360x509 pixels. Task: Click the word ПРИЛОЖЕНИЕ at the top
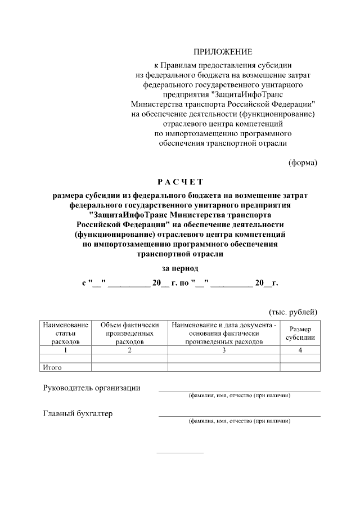pyautogui.click(x=223, y=52)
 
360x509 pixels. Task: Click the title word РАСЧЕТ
pyautogui.click(x=180, y=182)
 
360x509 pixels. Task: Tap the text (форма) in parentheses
pyautogui.click(x=303, y=163)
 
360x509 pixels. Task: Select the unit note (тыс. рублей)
pyautogui.click(x=292, y=312)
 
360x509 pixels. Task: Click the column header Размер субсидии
pyautogui.click(x=300, y=333)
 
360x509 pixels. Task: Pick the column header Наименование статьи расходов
pyautogui.click(x=65, y=333)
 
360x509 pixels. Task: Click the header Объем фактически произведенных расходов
pyautogui.click(x=129, y=333)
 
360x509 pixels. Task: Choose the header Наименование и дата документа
pyautogui.click(x=224, y=333)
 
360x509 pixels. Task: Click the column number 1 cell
pyautogui.click(x=65, y=350)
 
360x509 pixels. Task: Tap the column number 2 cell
pyautogui.click(x=129, y=350)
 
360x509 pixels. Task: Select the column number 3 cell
pyautogui.click(x=224, y=350)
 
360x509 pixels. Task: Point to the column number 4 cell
pyautogui.click(x=300, y=350)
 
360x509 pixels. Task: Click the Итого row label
pyautogui.click(x=52, y=368)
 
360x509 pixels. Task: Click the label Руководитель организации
pyautogui.click(x=92, y=388)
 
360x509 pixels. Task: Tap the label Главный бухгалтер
pyautogui.click(x=78, y=414)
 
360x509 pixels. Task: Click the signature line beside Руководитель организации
pyautogui.click(x=239, y=390)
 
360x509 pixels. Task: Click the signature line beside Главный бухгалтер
pyautogui.click(x=239, y=416)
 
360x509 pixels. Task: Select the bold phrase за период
pyautogui.click(x=180, y=268)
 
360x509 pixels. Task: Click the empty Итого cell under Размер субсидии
pyautogui.click(x=300, y=368)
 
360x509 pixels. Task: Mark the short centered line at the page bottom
pyautogui.click(x=180, y=453)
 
